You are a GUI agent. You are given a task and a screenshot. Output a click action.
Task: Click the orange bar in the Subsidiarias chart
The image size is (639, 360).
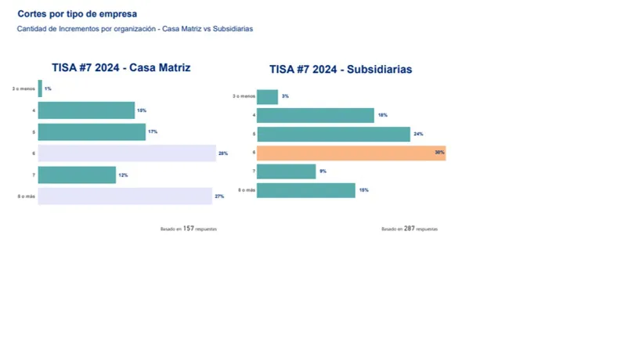(x=351, y=153)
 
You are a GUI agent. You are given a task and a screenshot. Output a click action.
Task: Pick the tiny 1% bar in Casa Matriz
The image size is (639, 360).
(x=40, y=88)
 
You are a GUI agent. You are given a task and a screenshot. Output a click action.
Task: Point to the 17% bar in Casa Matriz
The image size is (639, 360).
(x=92, y=132)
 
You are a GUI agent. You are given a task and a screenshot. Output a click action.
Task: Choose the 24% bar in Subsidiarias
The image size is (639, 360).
(x=333, y=135)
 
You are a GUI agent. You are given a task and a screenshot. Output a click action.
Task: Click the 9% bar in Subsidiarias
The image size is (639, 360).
(x=286, y=171)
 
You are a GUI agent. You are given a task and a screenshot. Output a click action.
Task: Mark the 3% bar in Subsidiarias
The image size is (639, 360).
(x=267, y=97)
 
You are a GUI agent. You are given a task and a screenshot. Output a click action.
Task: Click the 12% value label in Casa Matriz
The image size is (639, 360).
(x=123, y=175)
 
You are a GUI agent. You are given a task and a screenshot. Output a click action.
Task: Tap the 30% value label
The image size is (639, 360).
(x=439, y=153)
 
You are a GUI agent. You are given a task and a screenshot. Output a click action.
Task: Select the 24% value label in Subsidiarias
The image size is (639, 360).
(x=418, y=135)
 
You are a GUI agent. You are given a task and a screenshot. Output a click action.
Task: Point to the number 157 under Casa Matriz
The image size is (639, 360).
(x=189, y=229)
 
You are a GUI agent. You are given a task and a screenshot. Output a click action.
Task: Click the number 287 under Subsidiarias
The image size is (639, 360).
(x=410, y=229)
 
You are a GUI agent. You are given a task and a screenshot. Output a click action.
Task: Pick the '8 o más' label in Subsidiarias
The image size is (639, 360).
(x=247, y=190)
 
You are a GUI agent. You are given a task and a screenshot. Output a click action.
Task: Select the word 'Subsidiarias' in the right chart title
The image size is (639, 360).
(x=380, y=70)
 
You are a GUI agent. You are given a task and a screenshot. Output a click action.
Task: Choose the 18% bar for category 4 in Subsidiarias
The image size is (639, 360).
(x=315, y=116)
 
